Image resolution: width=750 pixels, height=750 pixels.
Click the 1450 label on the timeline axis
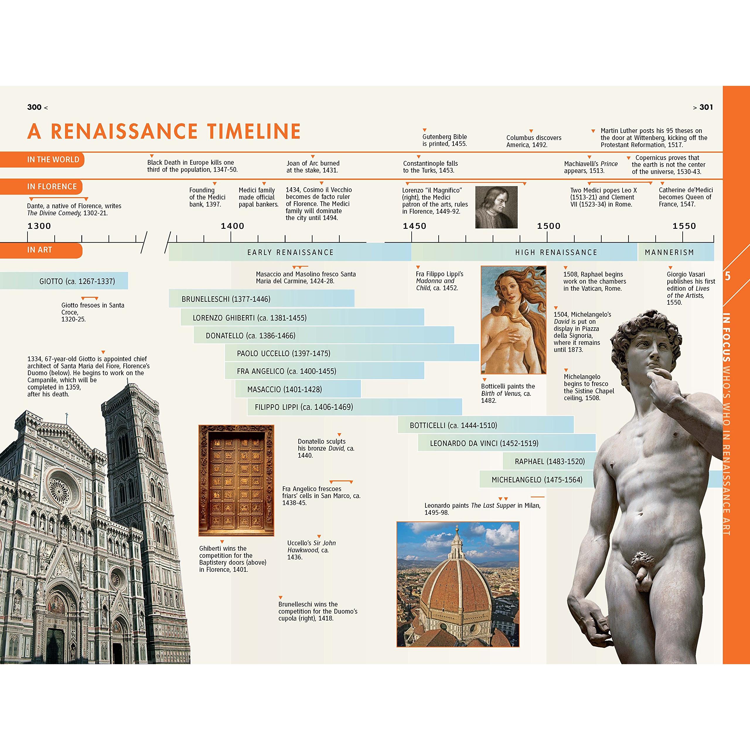point(414,226)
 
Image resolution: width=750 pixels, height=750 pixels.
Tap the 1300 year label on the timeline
point(39,226)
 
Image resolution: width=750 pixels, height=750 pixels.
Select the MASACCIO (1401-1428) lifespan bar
point(298,389)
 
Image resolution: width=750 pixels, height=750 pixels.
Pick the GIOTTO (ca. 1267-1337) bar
point(64,281)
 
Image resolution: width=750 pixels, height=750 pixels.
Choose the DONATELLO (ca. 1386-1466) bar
point(324,335)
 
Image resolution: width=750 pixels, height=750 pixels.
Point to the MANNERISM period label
point(669,252)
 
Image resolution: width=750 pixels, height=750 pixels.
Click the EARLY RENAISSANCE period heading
point(290,252)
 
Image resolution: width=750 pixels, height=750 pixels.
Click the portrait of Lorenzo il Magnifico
point(496,207)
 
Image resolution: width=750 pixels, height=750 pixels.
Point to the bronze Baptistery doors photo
point(236,480)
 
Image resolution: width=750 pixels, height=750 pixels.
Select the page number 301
point(706,107)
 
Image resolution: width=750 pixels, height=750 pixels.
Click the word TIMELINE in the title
point(254,131)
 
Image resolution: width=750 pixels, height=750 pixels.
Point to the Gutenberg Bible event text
point(444,140)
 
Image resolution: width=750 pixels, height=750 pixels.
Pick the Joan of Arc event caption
point(313,166)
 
